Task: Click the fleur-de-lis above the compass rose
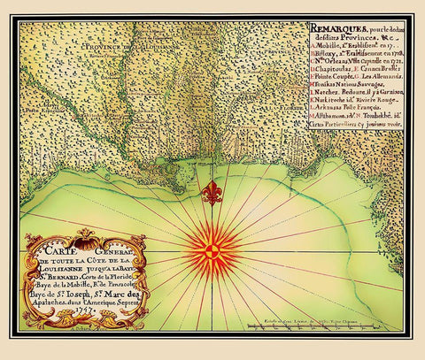pyautogui.click(x=212, y=192)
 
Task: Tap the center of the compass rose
pyautogui.click(x=212, y=250)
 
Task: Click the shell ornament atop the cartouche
pyautogui.click(x=86, y=235)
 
